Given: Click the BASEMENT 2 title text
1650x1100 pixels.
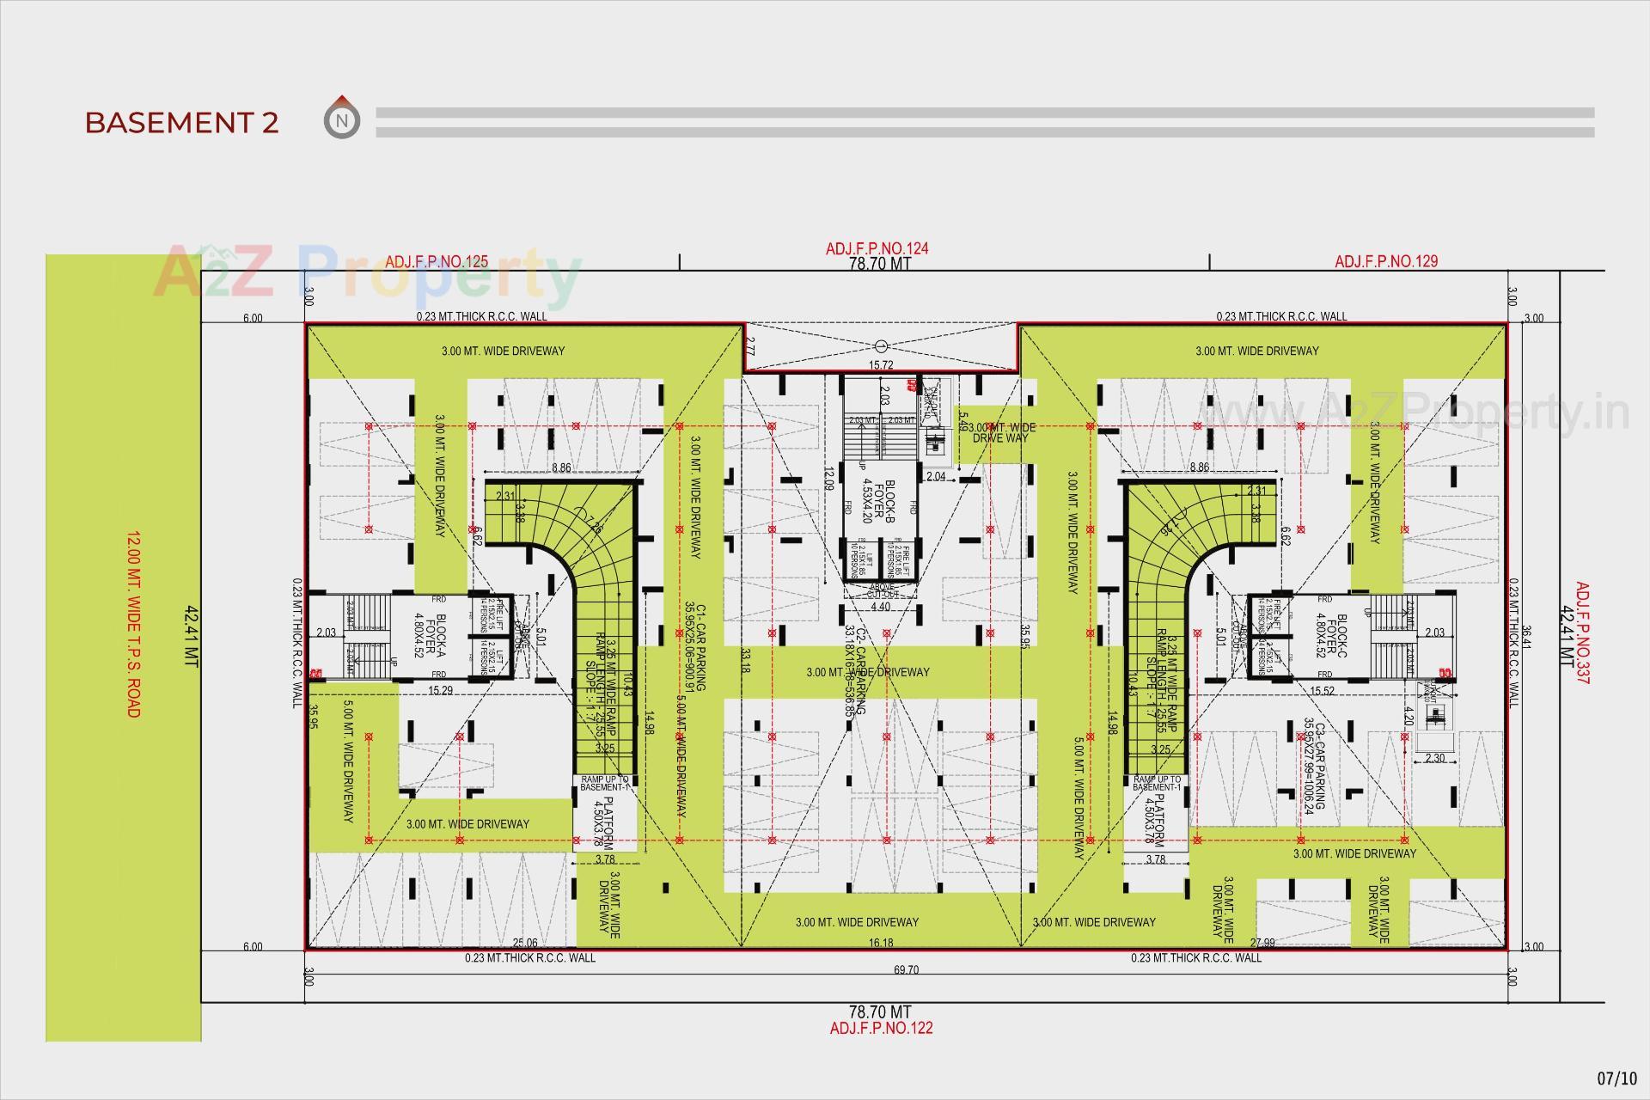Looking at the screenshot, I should coord(181,123).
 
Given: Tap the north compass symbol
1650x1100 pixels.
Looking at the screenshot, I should coord(342,119).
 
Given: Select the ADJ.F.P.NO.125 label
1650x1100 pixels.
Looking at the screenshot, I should coord(437,261).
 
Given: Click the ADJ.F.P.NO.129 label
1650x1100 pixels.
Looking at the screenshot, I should coord(1385,261).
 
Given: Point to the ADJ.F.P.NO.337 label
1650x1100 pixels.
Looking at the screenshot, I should coord(1582,633).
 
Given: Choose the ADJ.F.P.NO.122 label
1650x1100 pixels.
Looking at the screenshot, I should coord(881,1028).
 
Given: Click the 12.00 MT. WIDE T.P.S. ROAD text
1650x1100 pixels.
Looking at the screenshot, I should coord(132,624).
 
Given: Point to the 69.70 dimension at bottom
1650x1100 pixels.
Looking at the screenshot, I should coord(906,970).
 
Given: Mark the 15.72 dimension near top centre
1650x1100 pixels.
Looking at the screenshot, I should coord(881,365).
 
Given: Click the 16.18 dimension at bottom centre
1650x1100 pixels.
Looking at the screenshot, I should coord(881,943).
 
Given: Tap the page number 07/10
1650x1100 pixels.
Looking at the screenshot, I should coord(1616,1078).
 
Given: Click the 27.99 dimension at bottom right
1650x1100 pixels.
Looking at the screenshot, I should coord(1262,943).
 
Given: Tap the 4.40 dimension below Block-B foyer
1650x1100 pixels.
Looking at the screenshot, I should coord(880,607).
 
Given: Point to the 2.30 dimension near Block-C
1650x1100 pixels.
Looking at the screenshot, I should coord(1434,759).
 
